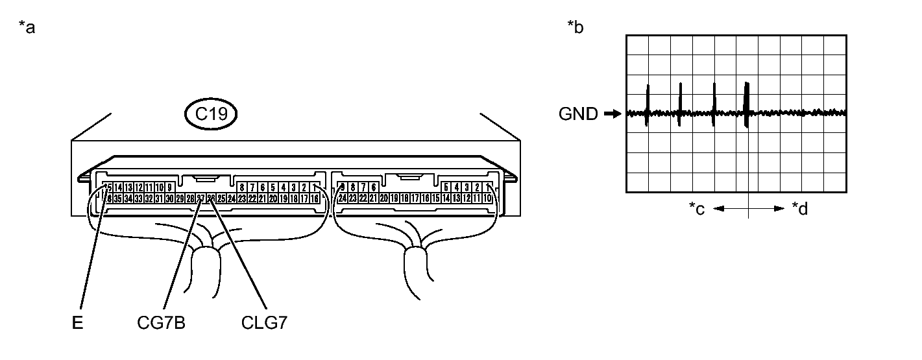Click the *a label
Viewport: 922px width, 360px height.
coord(28,28)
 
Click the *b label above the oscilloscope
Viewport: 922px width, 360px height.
coord(575,28)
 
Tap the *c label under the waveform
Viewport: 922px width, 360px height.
coord(697,209)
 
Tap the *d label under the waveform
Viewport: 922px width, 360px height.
coord(800,209)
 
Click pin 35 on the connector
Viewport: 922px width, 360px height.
coord(119,198)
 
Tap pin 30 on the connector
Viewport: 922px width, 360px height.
coord(170,198)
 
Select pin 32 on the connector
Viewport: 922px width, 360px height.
coord(149,198)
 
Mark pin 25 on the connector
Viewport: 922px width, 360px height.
coord(221,198)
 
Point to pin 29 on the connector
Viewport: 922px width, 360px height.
coord(180,198)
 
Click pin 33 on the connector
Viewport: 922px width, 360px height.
coord(139,198)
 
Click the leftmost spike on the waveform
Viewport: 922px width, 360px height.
coord(647,104)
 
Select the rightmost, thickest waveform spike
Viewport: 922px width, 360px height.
coord(747,104)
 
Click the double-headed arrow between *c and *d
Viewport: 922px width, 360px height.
coord(749,209)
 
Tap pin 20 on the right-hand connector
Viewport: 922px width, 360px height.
coord(385,198)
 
